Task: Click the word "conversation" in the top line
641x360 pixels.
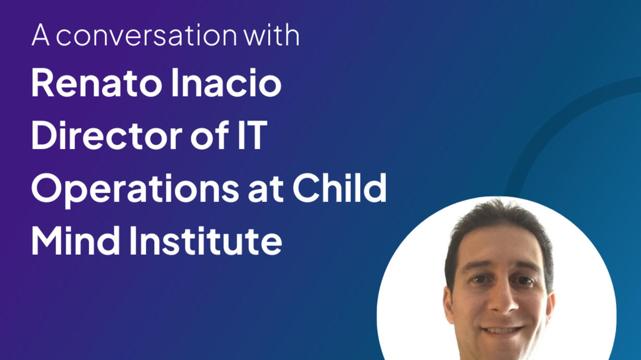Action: (146, 35)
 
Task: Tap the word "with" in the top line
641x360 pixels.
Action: (272, 34)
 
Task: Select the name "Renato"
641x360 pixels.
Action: (97, 83)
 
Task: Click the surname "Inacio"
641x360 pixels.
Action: (226, 83)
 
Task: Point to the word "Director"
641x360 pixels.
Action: (107, 135)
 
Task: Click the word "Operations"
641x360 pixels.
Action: (135, 190)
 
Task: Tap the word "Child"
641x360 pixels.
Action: (339, 188)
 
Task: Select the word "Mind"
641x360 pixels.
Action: (76, 240)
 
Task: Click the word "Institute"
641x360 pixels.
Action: (206, 240)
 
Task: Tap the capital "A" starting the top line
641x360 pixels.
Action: (41, 34)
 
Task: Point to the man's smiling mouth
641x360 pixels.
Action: (503, 330)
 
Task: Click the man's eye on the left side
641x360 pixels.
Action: (478, 279)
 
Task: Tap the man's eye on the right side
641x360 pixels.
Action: (525, 281)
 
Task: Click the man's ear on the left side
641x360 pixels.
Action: (448, 304)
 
